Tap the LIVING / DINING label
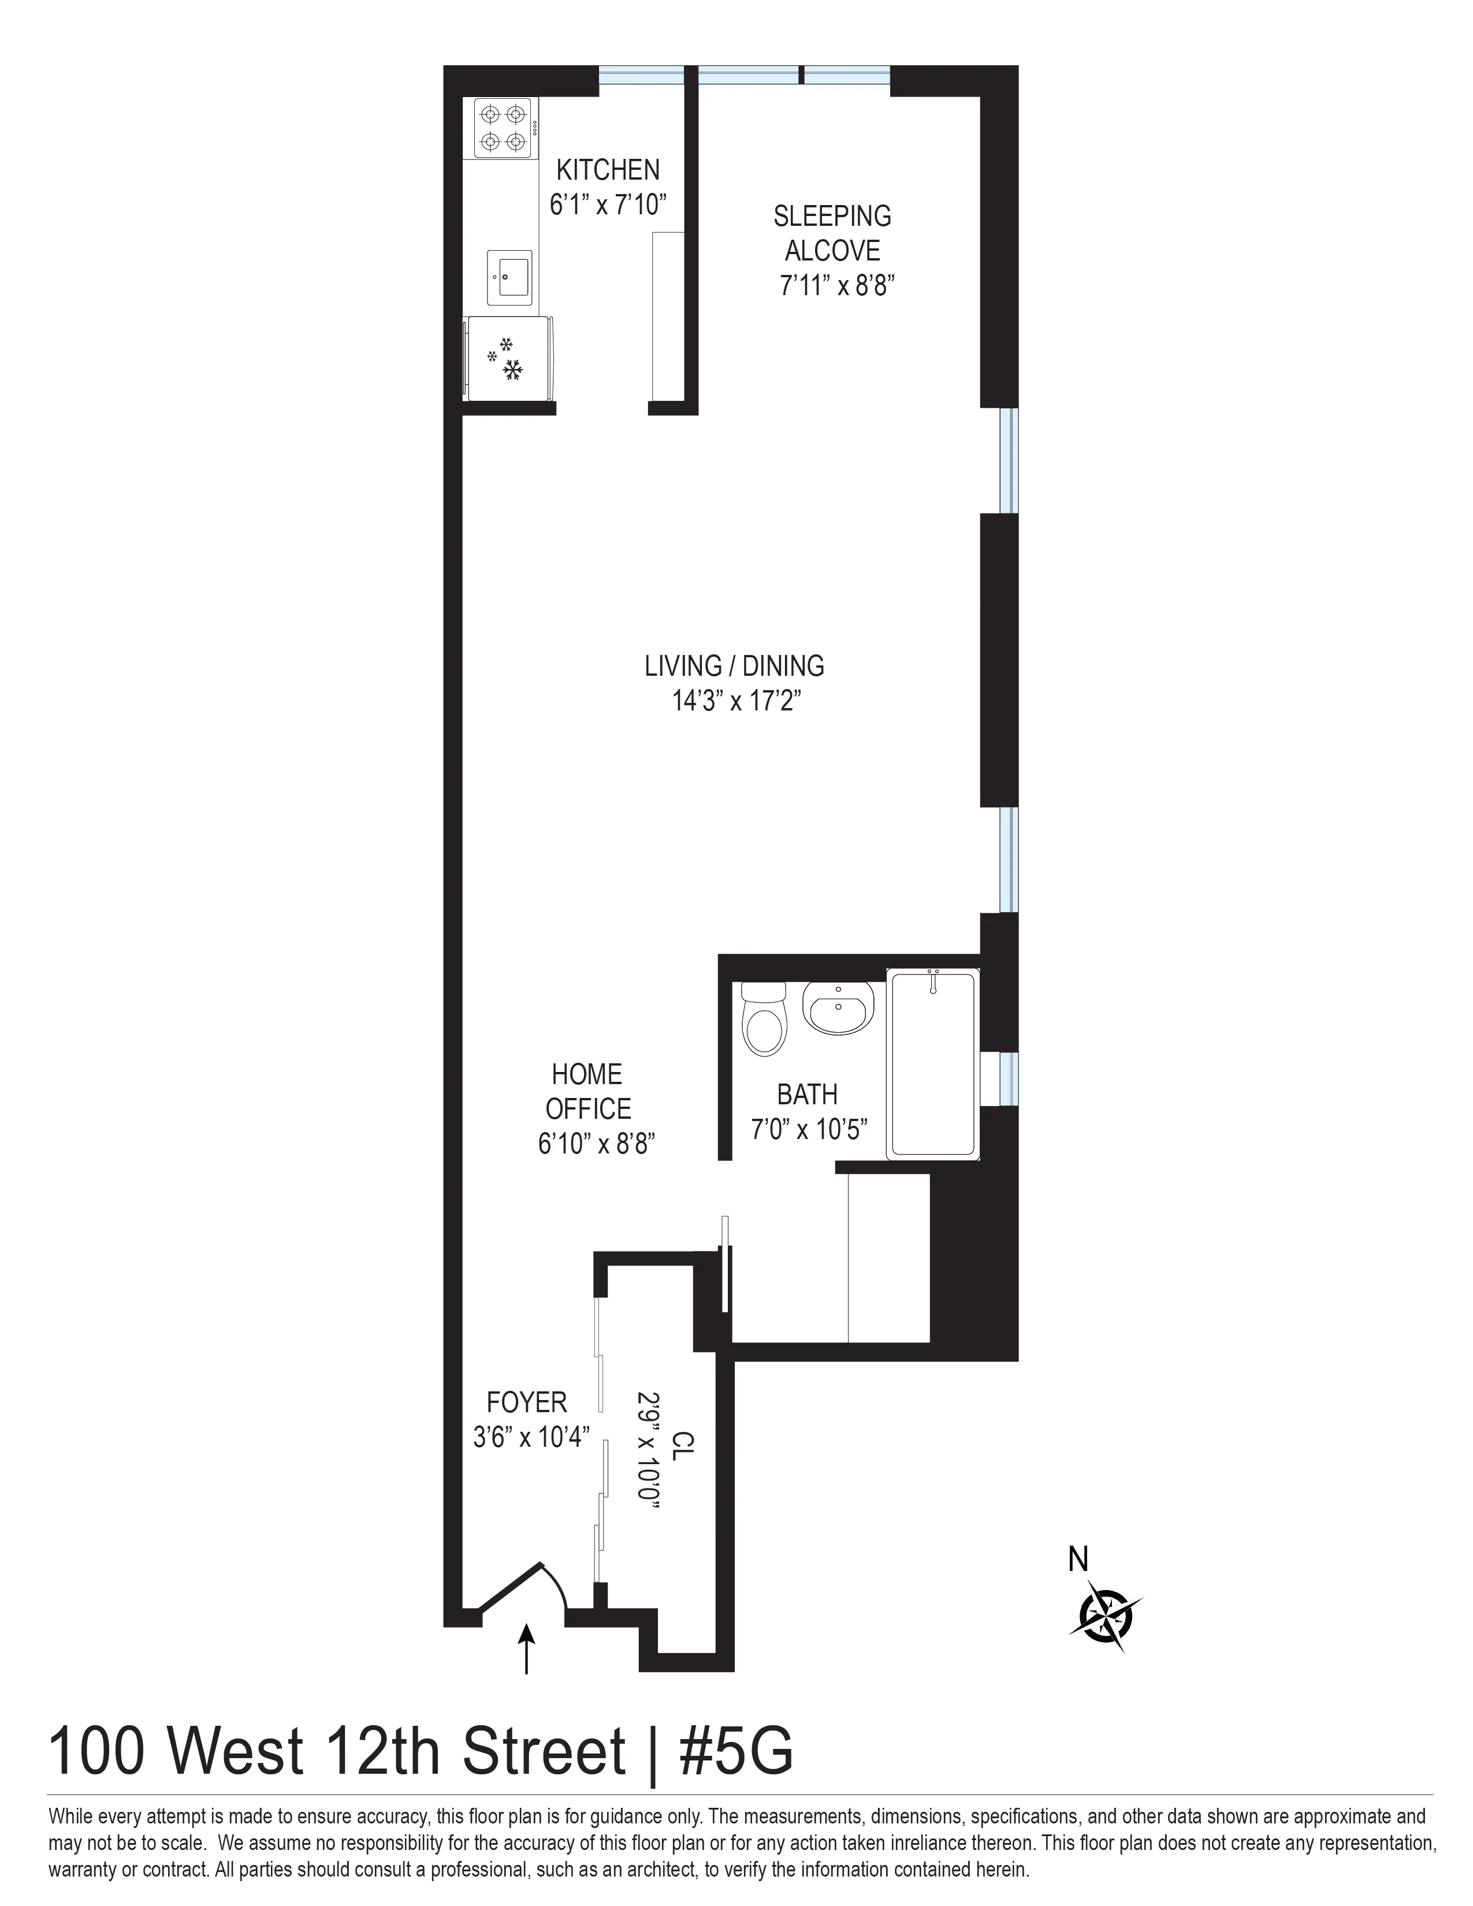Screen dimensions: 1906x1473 click(734, 666)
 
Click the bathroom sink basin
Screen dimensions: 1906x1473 click(837, 1007)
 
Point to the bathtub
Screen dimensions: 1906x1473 click(932, 1064)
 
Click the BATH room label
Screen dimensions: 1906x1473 click(807, 1095)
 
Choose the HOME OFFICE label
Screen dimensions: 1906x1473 click(587, 1091)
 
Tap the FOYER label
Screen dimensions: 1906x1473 click(526, 1402)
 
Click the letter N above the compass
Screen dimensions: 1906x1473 click(1078, 1559)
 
